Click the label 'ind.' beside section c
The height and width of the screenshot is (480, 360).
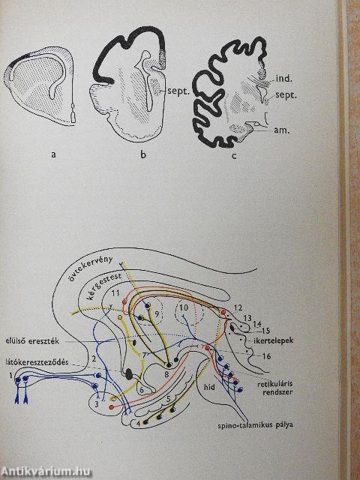pyautogui.click(x=283, y=78)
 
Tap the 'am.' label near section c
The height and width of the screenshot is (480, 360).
pyautogui.click(x=282, y=130)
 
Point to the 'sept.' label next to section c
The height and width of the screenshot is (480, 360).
pyautogui.click(x=286, y=95)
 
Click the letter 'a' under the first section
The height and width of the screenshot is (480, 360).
pyautogui.click(x=54, y=154)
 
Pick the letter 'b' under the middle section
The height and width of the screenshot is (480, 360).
pyautogui.click(x=143, y=154)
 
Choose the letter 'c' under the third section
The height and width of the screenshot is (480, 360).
pyautogui.click(x=234, y=156)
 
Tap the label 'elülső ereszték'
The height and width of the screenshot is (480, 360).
pyautogui.click(x=32, y=341)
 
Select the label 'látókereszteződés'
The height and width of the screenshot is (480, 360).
pyautogui.click(x=34, y=362)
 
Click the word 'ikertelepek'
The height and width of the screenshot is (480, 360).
pyautogui.click(x=274, y=340)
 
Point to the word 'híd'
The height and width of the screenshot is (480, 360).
pyautogui.click(x=209, y=387)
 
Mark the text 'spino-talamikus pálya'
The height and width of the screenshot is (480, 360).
pyautogui.click(x=255, y=425)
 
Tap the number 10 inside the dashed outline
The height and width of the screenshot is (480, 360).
pyautogui.click(x=183, y=307)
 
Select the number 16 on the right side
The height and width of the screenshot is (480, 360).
pyautogui.click(x=266, y=356)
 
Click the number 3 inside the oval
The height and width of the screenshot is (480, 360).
pyautogui.click(x=97, y=404)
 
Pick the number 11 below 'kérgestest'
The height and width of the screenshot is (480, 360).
pyautogui.click(x=115, y=293)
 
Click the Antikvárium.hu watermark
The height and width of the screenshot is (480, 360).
pyautogui.click(x=45, y=471)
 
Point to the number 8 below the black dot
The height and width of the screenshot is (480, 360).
pyautogui.click(x=166, y=374)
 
